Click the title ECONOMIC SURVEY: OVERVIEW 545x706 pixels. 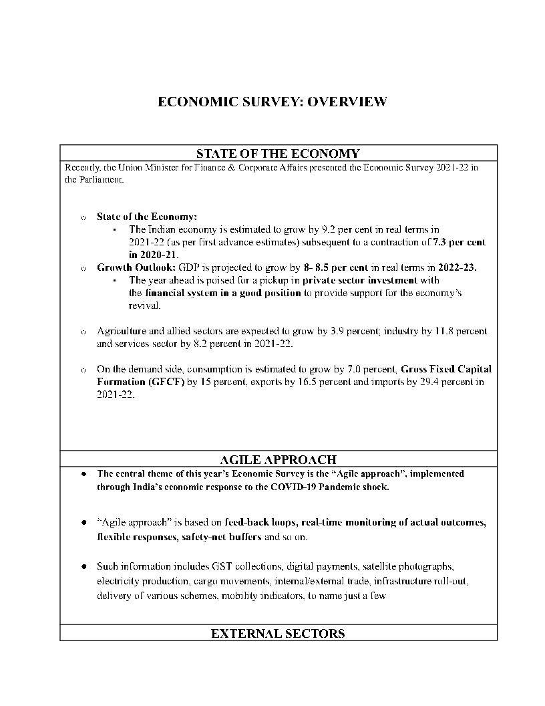(x=272, y=102)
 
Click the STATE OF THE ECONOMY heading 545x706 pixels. (x=278, y=154)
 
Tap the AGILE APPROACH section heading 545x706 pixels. (x=278, y=459)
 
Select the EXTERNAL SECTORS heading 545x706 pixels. (x=278, y=633)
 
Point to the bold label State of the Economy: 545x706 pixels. (x=147, y=217)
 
